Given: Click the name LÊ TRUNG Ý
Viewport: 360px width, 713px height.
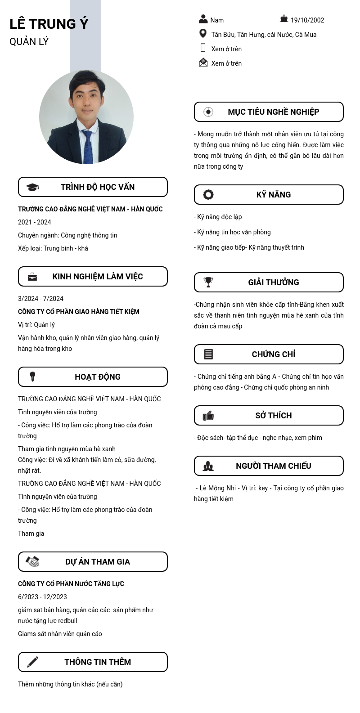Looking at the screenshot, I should point(49,24).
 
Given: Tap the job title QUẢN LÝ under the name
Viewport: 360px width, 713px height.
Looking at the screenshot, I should point(29,42).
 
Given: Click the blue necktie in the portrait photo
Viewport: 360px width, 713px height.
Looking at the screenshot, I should point(88,146).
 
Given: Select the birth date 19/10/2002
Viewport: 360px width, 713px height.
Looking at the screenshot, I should point(307,20).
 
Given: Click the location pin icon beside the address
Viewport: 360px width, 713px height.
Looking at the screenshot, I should point(203,34).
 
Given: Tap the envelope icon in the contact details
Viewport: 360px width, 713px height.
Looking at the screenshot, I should point(203,63).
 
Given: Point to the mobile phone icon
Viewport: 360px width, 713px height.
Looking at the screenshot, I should point(203,48).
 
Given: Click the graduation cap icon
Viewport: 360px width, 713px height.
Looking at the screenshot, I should point(32,187).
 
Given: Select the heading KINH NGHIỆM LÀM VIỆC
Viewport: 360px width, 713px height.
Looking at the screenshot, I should point(98,277).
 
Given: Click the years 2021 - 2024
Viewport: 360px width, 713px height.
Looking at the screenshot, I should point(35,222).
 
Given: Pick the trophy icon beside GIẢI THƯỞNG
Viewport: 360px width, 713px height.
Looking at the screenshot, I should point(208,282).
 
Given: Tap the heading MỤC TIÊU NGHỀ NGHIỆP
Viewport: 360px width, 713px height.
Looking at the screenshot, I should point(273,112).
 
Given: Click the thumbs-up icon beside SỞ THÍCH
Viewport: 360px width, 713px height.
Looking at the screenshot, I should point(208,416).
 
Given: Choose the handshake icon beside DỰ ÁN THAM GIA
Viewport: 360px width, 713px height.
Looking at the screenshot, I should point(32,561).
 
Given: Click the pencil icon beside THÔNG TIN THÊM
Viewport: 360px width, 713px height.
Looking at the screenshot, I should point(32,662).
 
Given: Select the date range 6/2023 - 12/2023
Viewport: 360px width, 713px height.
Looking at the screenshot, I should point(42,597).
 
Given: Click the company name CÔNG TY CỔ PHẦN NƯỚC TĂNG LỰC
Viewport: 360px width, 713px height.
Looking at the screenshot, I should point(71,584).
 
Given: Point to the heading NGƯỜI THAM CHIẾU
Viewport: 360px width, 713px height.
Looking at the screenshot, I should point(273,466).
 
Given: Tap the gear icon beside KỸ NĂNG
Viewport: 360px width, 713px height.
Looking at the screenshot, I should point(208,194).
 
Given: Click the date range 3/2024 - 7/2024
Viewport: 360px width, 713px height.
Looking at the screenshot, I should point(40,299).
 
